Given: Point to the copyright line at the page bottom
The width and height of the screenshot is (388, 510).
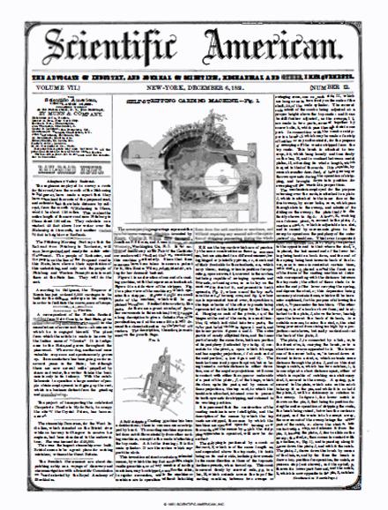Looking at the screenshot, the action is (193, 504).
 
